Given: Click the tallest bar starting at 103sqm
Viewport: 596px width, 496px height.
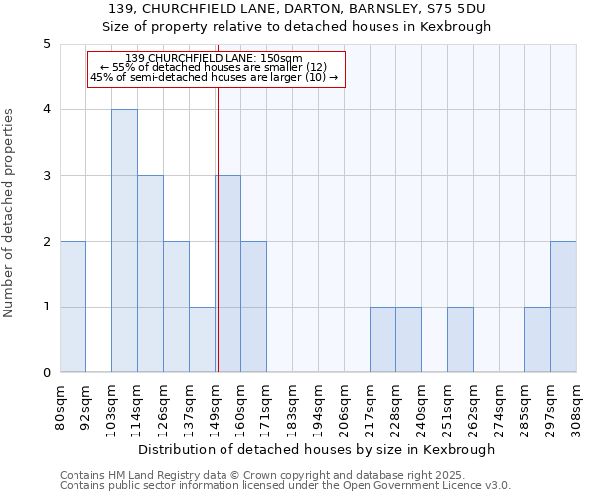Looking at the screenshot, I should (124, 241).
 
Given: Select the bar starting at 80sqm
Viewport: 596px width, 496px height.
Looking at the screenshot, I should (73, 307).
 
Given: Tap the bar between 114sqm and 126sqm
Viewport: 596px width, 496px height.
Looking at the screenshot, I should (150, 274).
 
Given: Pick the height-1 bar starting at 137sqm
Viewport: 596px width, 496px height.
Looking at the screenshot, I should (202, 339).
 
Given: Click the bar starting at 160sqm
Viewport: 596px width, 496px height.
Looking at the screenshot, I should (253, 307).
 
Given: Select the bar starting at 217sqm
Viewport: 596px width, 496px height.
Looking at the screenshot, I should (382, 339).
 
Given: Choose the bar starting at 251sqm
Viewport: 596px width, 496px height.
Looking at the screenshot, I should (460, 339).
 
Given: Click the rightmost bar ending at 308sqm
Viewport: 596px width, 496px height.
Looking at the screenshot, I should (563, 307).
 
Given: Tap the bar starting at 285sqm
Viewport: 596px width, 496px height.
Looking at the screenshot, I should (537, 339).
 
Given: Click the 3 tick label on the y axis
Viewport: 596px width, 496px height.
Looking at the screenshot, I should (47, 176).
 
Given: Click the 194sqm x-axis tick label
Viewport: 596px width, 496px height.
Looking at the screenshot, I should (319, 407).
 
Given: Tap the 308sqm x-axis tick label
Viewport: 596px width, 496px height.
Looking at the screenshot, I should (577, 407).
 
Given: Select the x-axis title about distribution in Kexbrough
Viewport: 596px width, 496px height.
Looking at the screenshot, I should (318, 449).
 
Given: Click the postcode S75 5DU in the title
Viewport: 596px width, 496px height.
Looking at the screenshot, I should (440, 9).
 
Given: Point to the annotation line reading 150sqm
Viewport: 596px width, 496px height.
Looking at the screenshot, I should (216, 59).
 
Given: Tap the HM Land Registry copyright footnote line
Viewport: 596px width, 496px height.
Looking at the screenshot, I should (260, 475).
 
